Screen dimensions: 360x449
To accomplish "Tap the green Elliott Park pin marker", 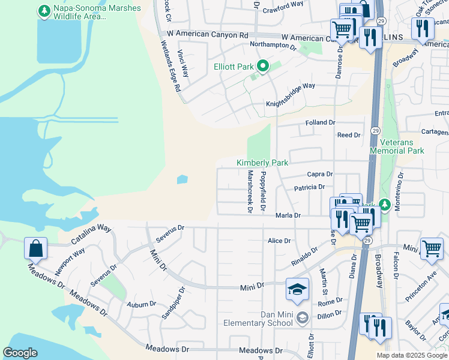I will pos(262,66).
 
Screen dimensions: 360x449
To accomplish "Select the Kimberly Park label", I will pos(262,163).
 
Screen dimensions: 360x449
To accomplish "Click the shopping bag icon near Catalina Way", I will pos(35,248).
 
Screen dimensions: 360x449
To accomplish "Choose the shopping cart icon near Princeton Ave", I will pos(432,248).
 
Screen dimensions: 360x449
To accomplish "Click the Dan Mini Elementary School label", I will pos(259,319).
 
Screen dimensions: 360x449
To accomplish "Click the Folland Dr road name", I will pos(319,122).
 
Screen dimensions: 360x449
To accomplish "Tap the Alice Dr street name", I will pos(279,241).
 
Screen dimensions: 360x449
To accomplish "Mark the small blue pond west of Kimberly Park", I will pos(182,179).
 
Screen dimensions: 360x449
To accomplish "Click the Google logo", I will pos(20,353).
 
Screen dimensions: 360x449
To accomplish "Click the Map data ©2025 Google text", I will pos(412,355).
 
